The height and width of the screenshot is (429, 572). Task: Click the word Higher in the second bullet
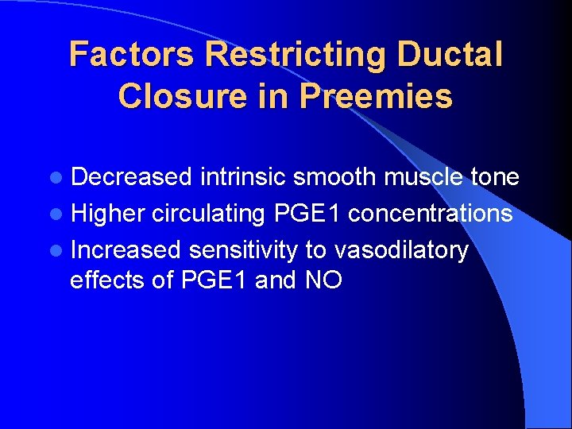[x=107, y=214]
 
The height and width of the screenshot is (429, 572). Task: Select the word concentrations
[x=430, y=214]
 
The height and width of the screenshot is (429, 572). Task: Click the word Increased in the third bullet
[x=127, y=250]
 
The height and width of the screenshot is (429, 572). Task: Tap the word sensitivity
[x=243, y=250]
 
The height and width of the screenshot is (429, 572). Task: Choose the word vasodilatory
[x=401, y=250]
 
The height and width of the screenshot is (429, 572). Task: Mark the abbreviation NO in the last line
[x=323, y=280]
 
